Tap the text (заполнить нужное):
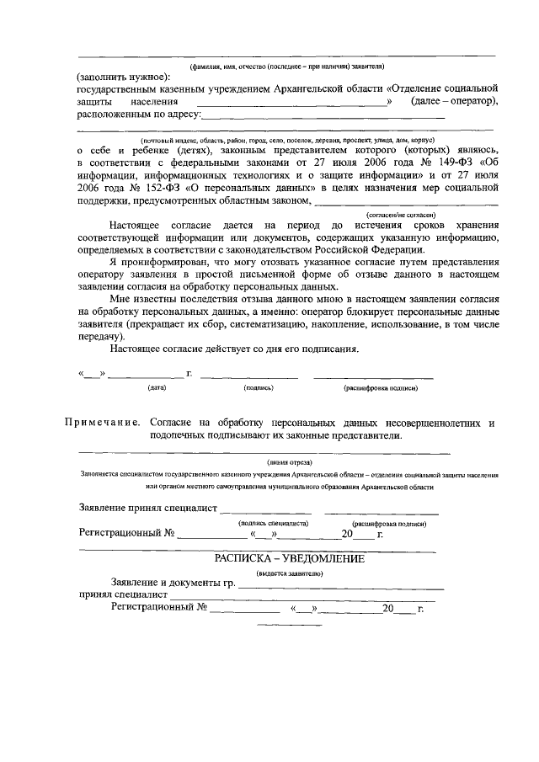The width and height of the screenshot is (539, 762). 123,76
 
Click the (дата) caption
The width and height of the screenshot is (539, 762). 157,388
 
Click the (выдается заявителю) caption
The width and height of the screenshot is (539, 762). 290,573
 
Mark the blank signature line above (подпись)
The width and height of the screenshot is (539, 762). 249,376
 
